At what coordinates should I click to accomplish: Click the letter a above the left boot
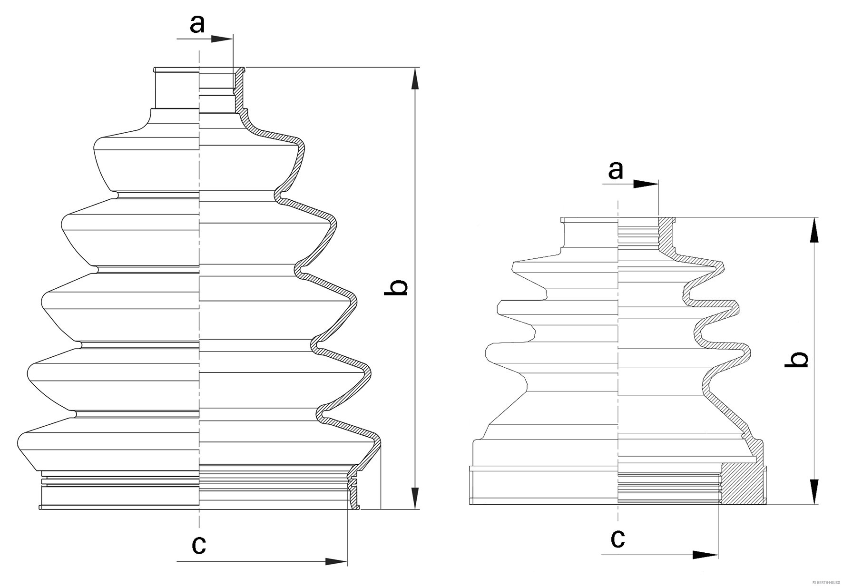(197, 24)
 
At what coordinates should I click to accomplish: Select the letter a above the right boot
(616, 170)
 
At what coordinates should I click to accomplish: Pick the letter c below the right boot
(618, 538)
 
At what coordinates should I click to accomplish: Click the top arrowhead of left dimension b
(415, 79)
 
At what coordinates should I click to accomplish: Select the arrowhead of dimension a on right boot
(647, 184)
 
